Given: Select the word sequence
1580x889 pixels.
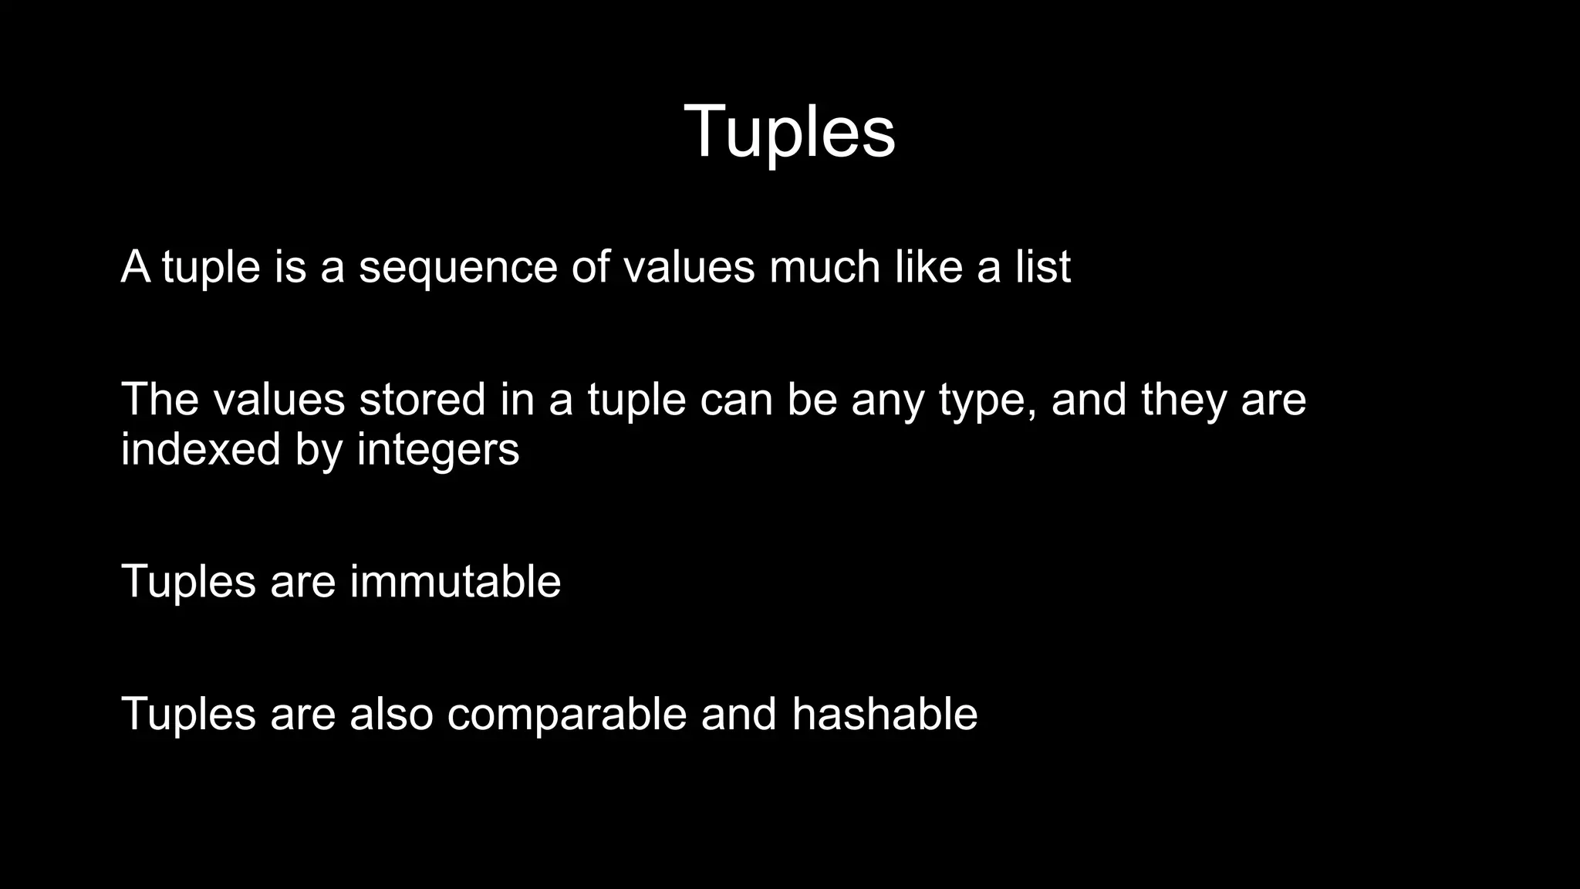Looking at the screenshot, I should pyautogui.click(x=457, y=268).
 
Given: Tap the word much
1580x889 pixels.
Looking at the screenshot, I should pyautogui.click(x=825, y=267).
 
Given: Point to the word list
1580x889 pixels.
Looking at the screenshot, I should pyautogui.click(x=1043, y=267).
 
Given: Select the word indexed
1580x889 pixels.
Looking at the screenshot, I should pyautogui.click(x=201, y=448).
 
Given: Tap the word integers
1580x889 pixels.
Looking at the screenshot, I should pyautogui.click(x=438, y=450).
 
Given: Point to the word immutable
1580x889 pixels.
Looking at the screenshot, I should pyautogui.click(x=455, y=581).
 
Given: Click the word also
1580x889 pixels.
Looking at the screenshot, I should pyautogui.click(x=391, y=714).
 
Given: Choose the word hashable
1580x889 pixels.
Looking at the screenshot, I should pyautogui.click(x=884, y=714).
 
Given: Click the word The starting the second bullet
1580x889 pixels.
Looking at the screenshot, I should pyautogui.click(x=160, y=400).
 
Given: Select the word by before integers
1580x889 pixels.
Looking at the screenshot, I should pyautogui.click(x=319, y=450).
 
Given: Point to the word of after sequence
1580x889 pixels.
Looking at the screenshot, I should pyautogui.click(x=589, y=267).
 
